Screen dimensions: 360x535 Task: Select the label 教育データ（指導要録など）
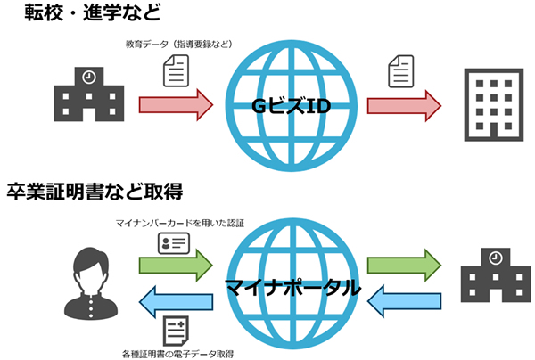[178, 43]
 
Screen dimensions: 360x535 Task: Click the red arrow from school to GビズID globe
[176, 103]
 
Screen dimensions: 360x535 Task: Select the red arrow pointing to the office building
[404, 103]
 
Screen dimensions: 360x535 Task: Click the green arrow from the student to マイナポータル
[176, 265]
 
